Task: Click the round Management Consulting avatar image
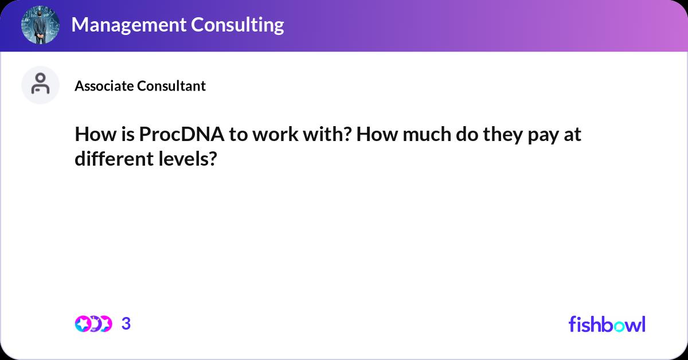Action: [41, 25]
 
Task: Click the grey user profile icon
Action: [40, 85]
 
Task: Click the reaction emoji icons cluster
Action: [93, 324]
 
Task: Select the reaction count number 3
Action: [126, 324]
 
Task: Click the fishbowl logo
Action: [607, 324]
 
